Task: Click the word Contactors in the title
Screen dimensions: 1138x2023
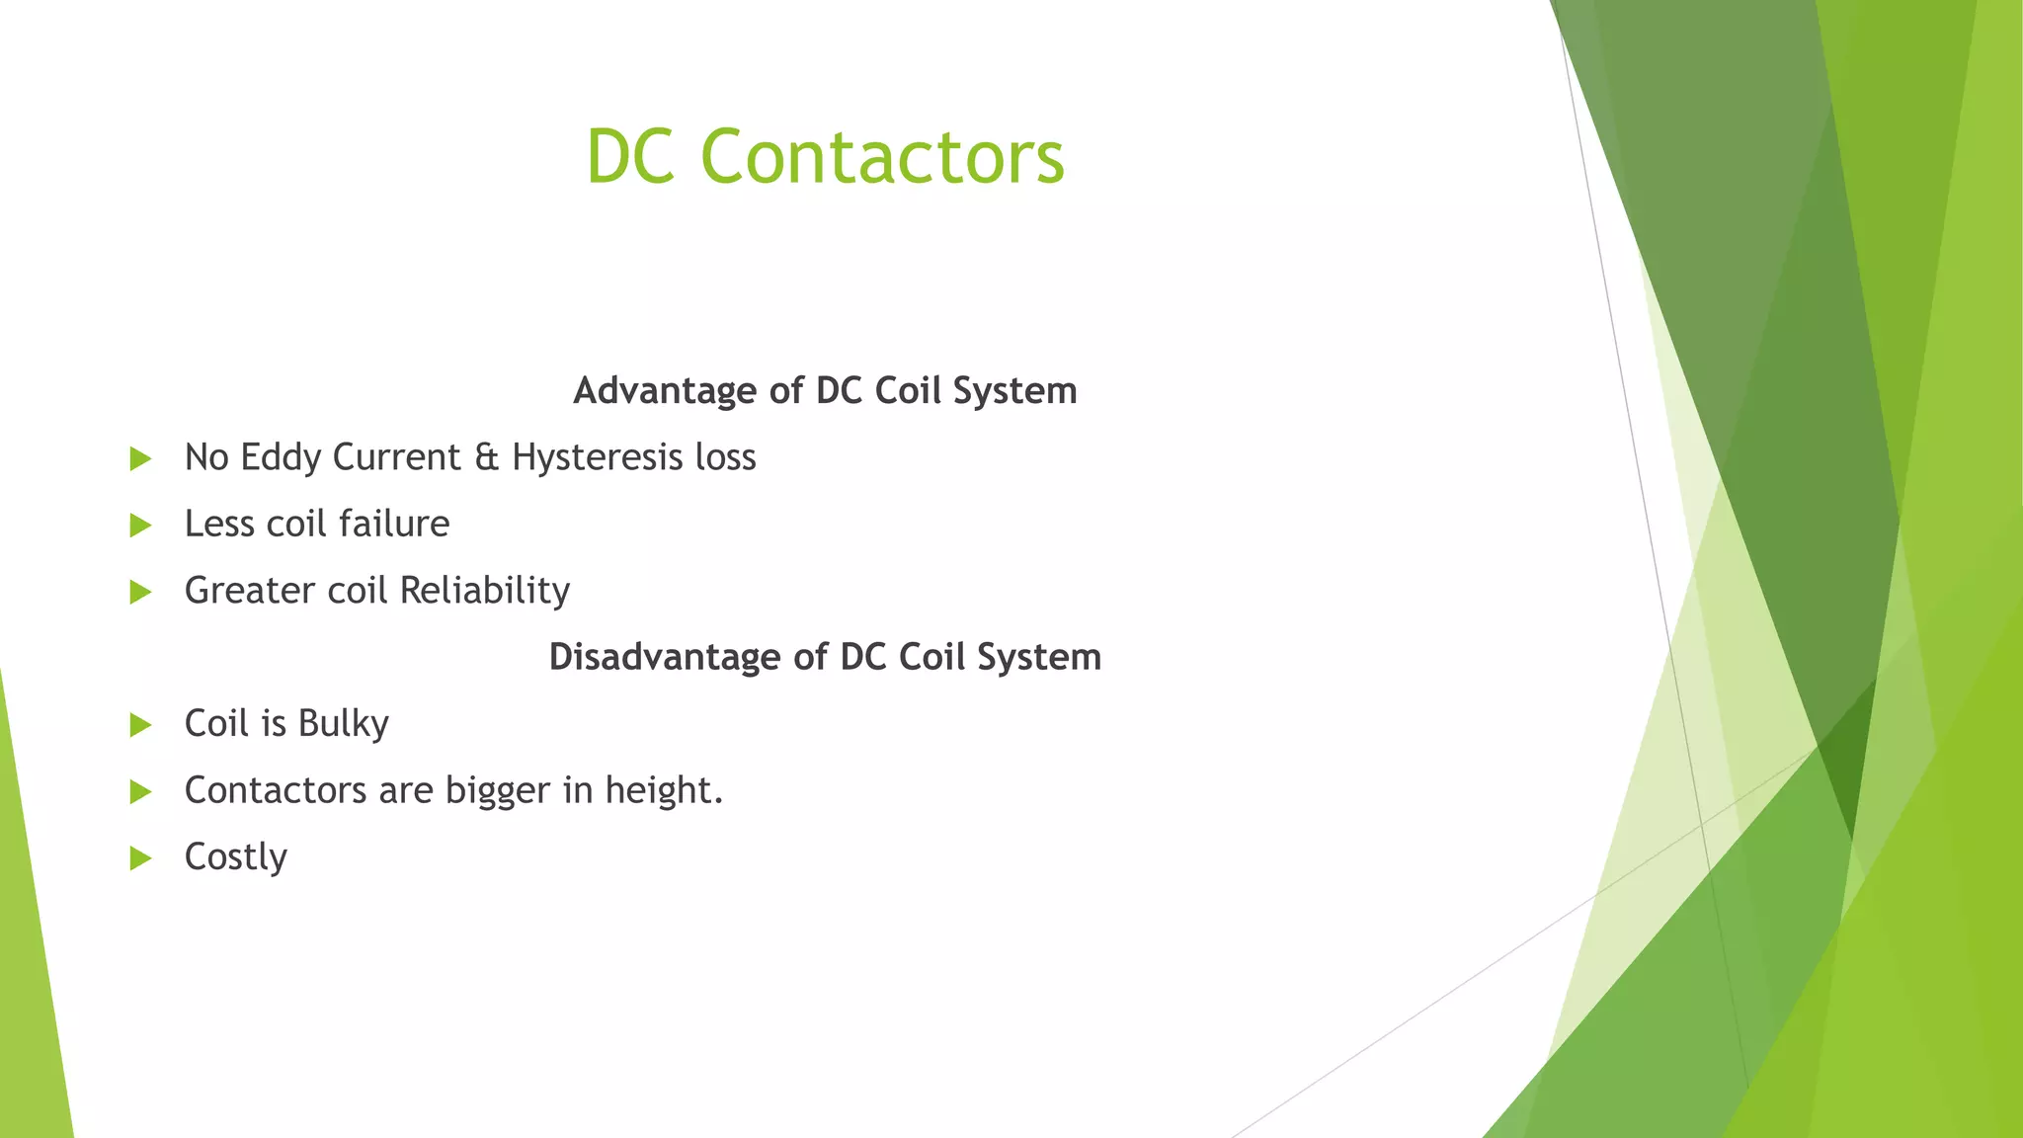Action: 882,156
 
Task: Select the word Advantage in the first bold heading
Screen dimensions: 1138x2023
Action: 665,391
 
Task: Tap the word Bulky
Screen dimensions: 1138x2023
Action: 343,724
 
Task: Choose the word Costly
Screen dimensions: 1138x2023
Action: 235,857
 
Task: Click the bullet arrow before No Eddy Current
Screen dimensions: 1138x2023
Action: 140,458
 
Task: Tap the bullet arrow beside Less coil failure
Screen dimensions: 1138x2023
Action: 140,525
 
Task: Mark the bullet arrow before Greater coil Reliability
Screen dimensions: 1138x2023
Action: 140,592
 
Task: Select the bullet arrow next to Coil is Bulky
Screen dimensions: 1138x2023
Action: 140,725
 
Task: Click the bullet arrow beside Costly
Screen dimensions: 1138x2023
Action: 140,858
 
